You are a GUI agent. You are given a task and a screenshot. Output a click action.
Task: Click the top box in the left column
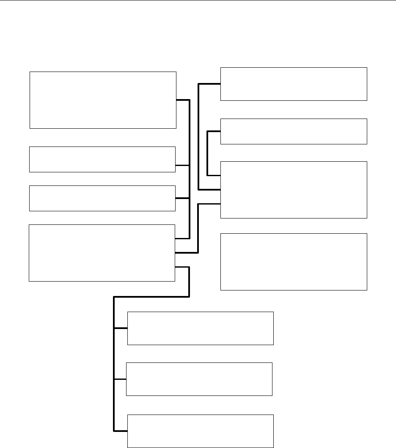[103, 100]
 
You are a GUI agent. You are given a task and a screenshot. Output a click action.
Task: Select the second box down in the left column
[102, 159]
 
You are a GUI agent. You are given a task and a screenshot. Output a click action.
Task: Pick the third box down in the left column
[102, 198]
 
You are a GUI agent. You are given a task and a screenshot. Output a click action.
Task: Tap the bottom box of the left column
[102, 253]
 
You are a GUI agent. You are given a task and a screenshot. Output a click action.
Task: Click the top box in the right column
[294, 84]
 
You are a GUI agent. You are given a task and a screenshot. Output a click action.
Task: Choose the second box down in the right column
[294, 132]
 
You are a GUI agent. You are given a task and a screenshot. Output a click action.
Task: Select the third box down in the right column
[294, 190]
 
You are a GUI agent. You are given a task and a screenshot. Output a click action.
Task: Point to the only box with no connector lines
[294, 262]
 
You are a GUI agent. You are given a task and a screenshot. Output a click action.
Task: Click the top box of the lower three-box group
[201, 329]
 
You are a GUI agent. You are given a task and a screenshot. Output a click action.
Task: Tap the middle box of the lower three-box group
[199, 379]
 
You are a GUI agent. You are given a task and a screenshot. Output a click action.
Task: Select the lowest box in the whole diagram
[201, 431]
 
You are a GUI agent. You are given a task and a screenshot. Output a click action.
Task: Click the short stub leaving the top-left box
[182, 100]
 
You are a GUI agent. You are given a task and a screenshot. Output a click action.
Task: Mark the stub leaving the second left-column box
[182, 165]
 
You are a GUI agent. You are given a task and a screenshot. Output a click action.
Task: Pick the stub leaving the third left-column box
[182, 198]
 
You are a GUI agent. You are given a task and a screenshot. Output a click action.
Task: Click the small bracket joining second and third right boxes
[207, 153]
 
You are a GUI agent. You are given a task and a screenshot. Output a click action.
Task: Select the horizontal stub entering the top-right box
[209, 84]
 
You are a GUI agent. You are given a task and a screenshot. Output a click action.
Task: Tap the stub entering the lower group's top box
[121, 328]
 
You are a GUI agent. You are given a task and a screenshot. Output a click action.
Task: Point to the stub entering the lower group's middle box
[120, 379]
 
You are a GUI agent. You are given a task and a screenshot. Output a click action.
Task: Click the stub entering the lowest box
[121, 431]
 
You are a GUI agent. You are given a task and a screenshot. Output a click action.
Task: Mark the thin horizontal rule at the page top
[198, 0]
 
